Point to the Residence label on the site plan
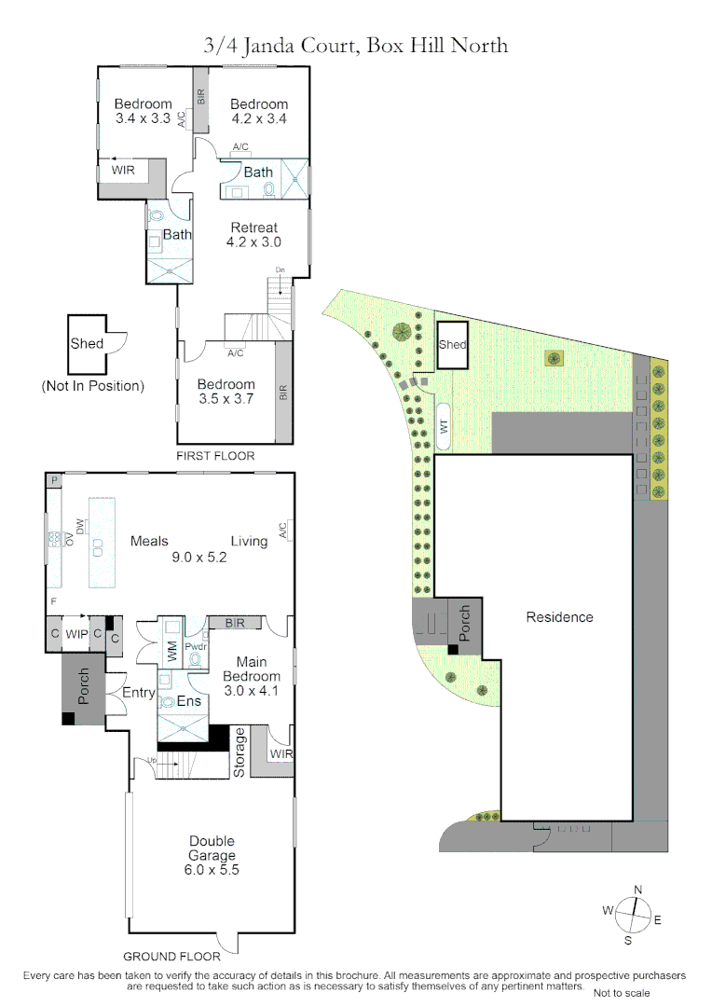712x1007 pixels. click(559, 616)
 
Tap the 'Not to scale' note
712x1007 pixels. click(622, 993)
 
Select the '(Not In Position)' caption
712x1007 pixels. click(92, 386)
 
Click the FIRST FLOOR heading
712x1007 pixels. click(215, 456)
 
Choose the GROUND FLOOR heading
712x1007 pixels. click(172, 956)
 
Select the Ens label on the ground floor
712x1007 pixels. click(189, 700)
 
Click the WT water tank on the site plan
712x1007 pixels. click(445, 426)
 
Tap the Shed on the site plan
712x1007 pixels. click(452, 345)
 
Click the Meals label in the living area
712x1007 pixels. click(149, 541)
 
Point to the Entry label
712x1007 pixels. click(139, 692)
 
